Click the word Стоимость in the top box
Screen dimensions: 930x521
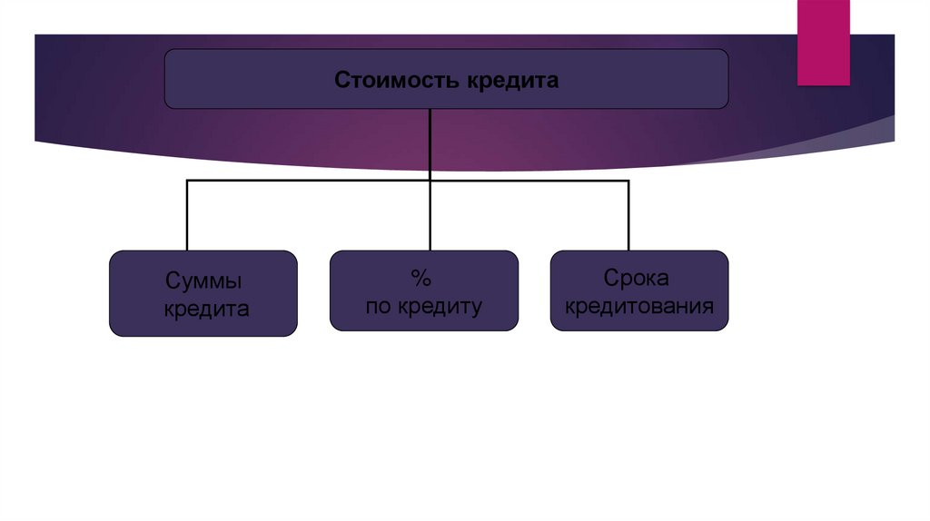[x=398, y=80]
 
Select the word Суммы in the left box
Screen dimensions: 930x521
[x=204, y=280]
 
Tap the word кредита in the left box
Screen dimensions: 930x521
[x=206, y=310]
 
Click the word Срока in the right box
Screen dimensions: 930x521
[x=638, y=278]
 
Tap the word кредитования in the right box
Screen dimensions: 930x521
[x=638, y=306]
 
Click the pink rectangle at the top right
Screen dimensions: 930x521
[x=823, y=42]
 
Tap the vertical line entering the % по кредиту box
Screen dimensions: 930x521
[x=430, y=218]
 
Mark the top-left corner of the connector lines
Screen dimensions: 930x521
[x=187, y=182]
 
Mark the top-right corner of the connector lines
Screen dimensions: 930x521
[x=628, y=182]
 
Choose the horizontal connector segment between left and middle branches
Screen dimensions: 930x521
[x=309, y=182]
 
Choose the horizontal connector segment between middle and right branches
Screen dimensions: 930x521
[x=529, y=182]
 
